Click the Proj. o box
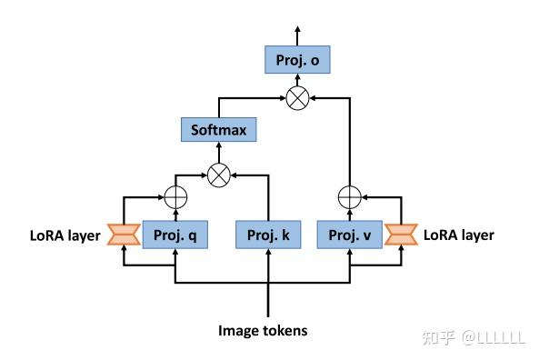tap(295, 61)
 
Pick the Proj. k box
tap(268, 235)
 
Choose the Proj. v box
tap(350, 235)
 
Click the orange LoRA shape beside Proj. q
tap(123, 235)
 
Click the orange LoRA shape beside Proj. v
tap(400, 235)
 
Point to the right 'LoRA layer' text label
tap(459, 235)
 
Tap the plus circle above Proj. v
tap(350, 195)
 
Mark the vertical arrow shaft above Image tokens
tap(268, 300)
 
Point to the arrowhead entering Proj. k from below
tap(268, 252)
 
